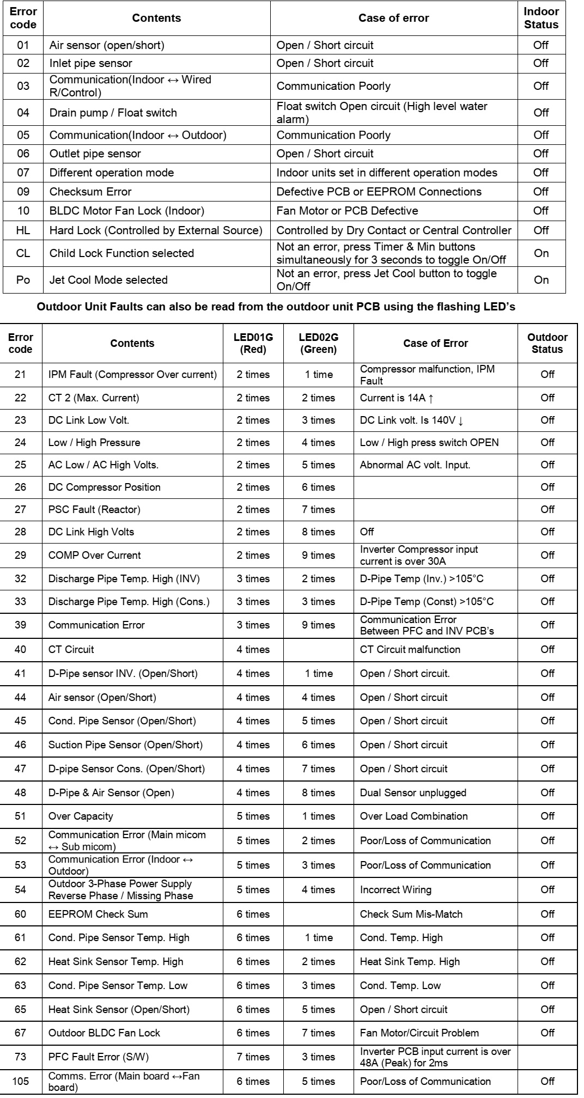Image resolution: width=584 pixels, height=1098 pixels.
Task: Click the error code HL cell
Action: point(23,230)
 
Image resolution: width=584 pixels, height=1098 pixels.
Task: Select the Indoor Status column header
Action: point(541,18)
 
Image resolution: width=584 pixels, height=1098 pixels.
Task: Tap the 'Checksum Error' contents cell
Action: point(90,192)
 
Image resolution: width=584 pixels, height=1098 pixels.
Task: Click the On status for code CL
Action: point(541,253)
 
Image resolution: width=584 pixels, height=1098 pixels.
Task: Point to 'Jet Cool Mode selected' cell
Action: point(108,280)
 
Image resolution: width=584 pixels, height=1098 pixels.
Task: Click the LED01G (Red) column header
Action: point(253,344)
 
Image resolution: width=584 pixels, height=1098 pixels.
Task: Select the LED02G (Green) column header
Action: point(319,344)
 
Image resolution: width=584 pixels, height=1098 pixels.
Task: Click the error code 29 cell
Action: point(20,556)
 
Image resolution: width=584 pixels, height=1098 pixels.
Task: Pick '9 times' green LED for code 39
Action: point(319,625)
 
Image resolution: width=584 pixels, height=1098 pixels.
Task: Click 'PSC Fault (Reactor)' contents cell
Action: point(94,510)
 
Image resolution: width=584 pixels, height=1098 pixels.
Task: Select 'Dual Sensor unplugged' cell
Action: point(413,793)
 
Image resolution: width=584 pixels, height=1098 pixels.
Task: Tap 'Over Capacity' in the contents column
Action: point(81,816)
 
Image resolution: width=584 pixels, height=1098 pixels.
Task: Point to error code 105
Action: point(20,1081)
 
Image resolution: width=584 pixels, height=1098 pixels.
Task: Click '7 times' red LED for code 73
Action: point(253,1057)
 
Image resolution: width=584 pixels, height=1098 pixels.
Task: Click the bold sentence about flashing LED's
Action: point(276,307)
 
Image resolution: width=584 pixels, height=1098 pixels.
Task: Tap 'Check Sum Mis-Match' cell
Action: point(411,914)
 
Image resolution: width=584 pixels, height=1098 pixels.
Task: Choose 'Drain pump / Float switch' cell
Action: point(113,113)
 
